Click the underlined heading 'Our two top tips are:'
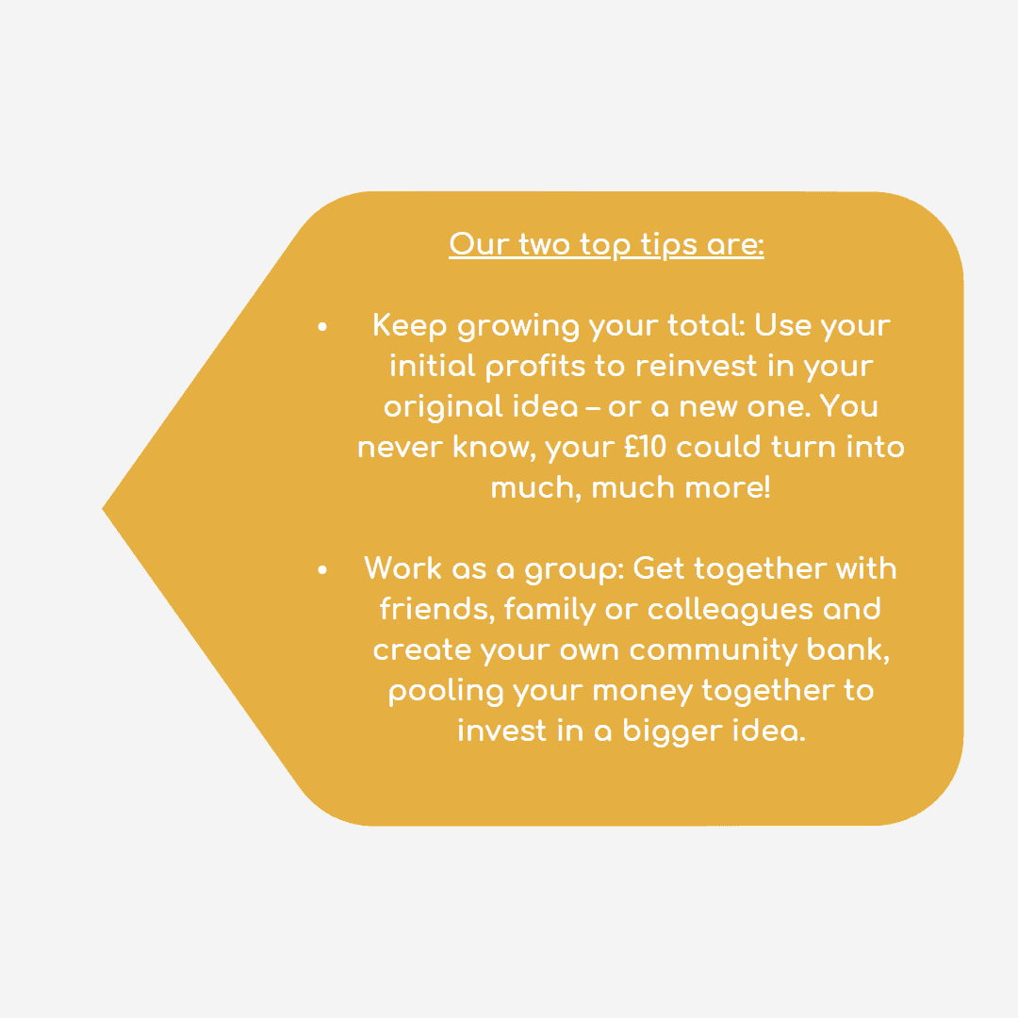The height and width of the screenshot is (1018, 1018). pyautogui.click(x=606, y=245)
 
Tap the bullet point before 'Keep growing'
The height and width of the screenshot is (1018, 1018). pyautogui.click(x=322, y=326)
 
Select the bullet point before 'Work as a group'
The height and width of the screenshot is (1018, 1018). pyautogui.click(x=322, y=570)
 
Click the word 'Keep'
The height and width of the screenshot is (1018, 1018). pyautogui.click(x=410, y=326)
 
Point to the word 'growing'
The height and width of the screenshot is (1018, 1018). pyautogui.click(x=518, y=327)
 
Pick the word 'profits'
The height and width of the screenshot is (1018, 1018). pyautogui.click(x=535, y=368)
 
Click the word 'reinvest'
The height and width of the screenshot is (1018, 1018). pyautogui.click(x=696, y=366)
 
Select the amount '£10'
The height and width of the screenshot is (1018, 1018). pyautogui.click(x=646, y=447)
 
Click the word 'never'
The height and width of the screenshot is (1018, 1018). pyautogui.click(x=400, y=448)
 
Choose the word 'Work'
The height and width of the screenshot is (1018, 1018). pyautogui.click(x=402, y=568)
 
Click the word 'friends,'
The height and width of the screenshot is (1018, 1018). pyautogui.click(x=436, y=609)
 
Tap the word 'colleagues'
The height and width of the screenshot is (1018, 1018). pyautogui.click(x=730, y=610)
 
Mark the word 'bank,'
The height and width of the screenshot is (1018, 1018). pyautogui.click(x=848, y=649)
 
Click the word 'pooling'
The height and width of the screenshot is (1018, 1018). pyautogui.click(x=445, y=692)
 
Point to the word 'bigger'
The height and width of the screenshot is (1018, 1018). pyautogui.click(x=673, y=731)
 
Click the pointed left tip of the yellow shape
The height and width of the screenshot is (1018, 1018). pyautogui.click(x=103, y=509)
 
